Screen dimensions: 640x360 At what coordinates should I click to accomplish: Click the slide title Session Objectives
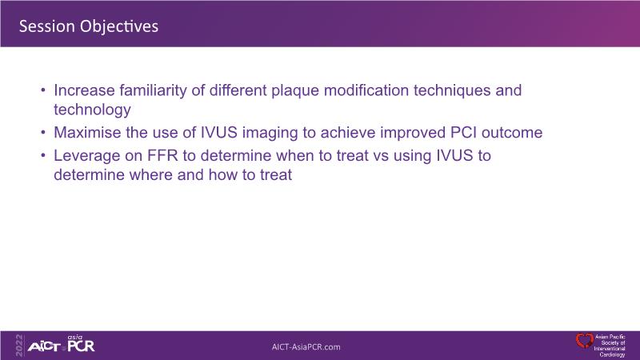coord(89,26)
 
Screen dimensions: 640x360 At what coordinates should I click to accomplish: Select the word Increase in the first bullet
coord(84,90)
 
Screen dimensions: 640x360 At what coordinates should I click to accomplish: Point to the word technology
coord(92,110)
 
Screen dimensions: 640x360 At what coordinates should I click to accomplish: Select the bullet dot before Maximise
coord(43,132)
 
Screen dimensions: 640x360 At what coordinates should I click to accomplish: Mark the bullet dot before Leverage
coord(43,155)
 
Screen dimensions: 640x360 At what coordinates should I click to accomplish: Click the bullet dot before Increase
coord(43,90)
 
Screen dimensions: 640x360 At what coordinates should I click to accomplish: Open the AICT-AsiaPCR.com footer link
coord(306,347)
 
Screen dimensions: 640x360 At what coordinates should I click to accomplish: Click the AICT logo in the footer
coord(44,347)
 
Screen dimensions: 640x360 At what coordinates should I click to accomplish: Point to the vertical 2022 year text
coord(19,346)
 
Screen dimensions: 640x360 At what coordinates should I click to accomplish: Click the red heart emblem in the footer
coord(584,341)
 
